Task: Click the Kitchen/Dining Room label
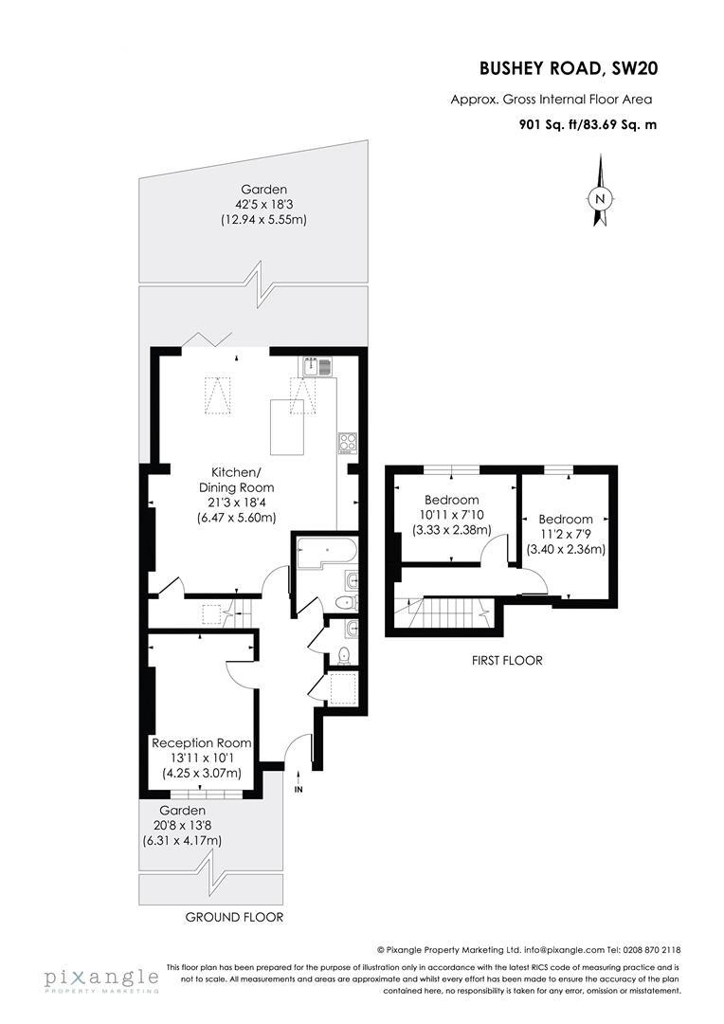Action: click(236, 480)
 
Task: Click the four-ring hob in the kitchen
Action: click(346, 442)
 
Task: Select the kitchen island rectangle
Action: click(293, 429)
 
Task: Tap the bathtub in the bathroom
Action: click(324, 553)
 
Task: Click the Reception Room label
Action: click(202, 742)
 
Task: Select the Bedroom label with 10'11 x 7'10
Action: click(451, 500)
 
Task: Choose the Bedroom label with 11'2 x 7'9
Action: click(566, 519)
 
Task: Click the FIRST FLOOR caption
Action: click(507, 661)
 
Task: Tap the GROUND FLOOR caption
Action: click(234, 917)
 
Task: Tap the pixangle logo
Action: click(100, 979)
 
